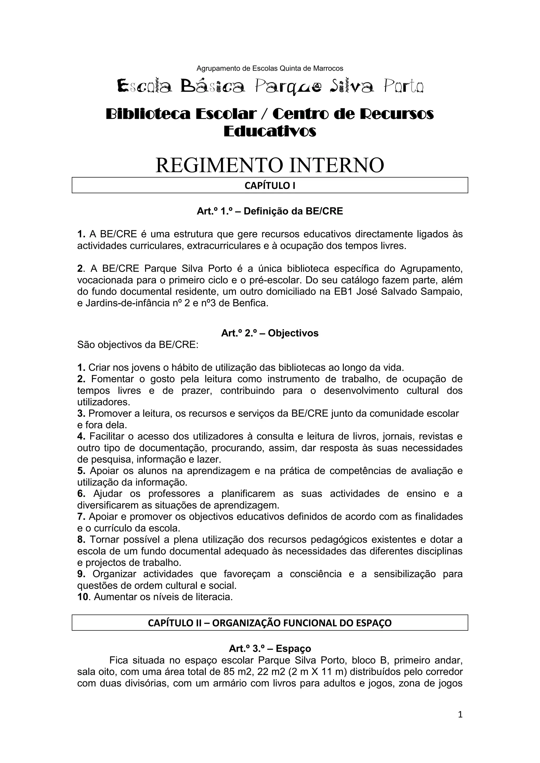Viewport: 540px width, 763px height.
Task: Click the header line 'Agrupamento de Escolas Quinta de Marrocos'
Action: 270,69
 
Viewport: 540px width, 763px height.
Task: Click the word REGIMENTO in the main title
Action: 219,165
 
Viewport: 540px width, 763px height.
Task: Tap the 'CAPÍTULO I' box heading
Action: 270,185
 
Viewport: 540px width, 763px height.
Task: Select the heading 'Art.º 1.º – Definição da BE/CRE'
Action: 270,211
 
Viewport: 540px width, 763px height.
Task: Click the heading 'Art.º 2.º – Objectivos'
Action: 270,333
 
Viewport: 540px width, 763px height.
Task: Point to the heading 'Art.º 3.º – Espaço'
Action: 270,648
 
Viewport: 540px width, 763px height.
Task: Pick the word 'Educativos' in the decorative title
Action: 270,131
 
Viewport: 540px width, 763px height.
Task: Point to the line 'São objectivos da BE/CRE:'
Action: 138,345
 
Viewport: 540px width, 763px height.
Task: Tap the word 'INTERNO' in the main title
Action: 336,165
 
